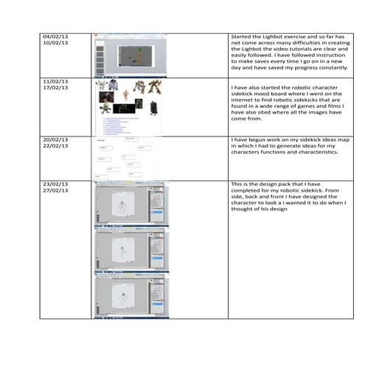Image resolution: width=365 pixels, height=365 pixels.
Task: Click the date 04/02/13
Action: (x=56, y=35)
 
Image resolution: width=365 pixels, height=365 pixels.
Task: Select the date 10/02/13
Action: (x=56, y=43)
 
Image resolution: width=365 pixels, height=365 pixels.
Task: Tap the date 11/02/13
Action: (x=56, y=81)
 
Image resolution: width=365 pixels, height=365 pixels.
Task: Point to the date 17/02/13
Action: (x=56, y=88)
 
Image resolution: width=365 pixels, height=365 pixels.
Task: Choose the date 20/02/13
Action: (x=56, y=139)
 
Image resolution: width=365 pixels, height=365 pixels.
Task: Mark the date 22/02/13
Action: (x=56, y=146)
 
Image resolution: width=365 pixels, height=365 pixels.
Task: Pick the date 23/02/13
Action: (x=56, y=182)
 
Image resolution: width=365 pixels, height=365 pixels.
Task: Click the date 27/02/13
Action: (x=56, y=190)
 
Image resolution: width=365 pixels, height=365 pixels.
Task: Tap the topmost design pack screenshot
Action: (x=131, y=202)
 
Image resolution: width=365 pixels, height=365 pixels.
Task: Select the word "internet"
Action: (x=246, y=102)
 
